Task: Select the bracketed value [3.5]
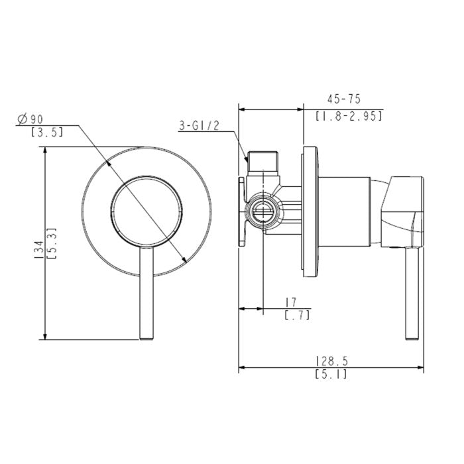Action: [47, 132]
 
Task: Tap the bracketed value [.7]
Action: [296, 316]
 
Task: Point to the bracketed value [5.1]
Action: [331, 375]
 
